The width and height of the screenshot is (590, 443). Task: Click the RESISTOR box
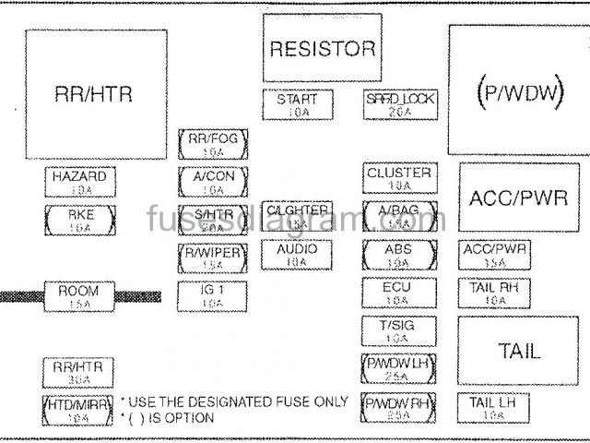pos(322,49)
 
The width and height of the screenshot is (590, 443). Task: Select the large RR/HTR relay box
pos(94,93)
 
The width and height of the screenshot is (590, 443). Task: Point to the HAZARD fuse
pos(79,182)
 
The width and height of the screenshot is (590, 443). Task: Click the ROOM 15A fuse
pos(79,296)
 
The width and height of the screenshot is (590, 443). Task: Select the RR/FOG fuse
pos(213,145)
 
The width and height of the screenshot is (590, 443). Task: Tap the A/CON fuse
pos(213,182)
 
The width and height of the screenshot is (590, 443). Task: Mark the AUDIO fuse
pos(296,254)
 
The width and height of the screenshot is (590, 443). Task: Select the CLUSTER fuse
pos(398,178)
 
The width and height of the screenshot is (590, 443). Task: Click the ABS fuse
pos(398,254)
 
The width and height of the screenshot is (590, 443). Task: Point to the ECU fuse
pos(398,293)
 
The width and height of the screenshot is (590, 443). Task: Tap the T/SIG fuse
pos(398,330)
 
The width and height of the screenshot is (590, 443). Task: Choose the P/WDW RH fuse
pos(398,407)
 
